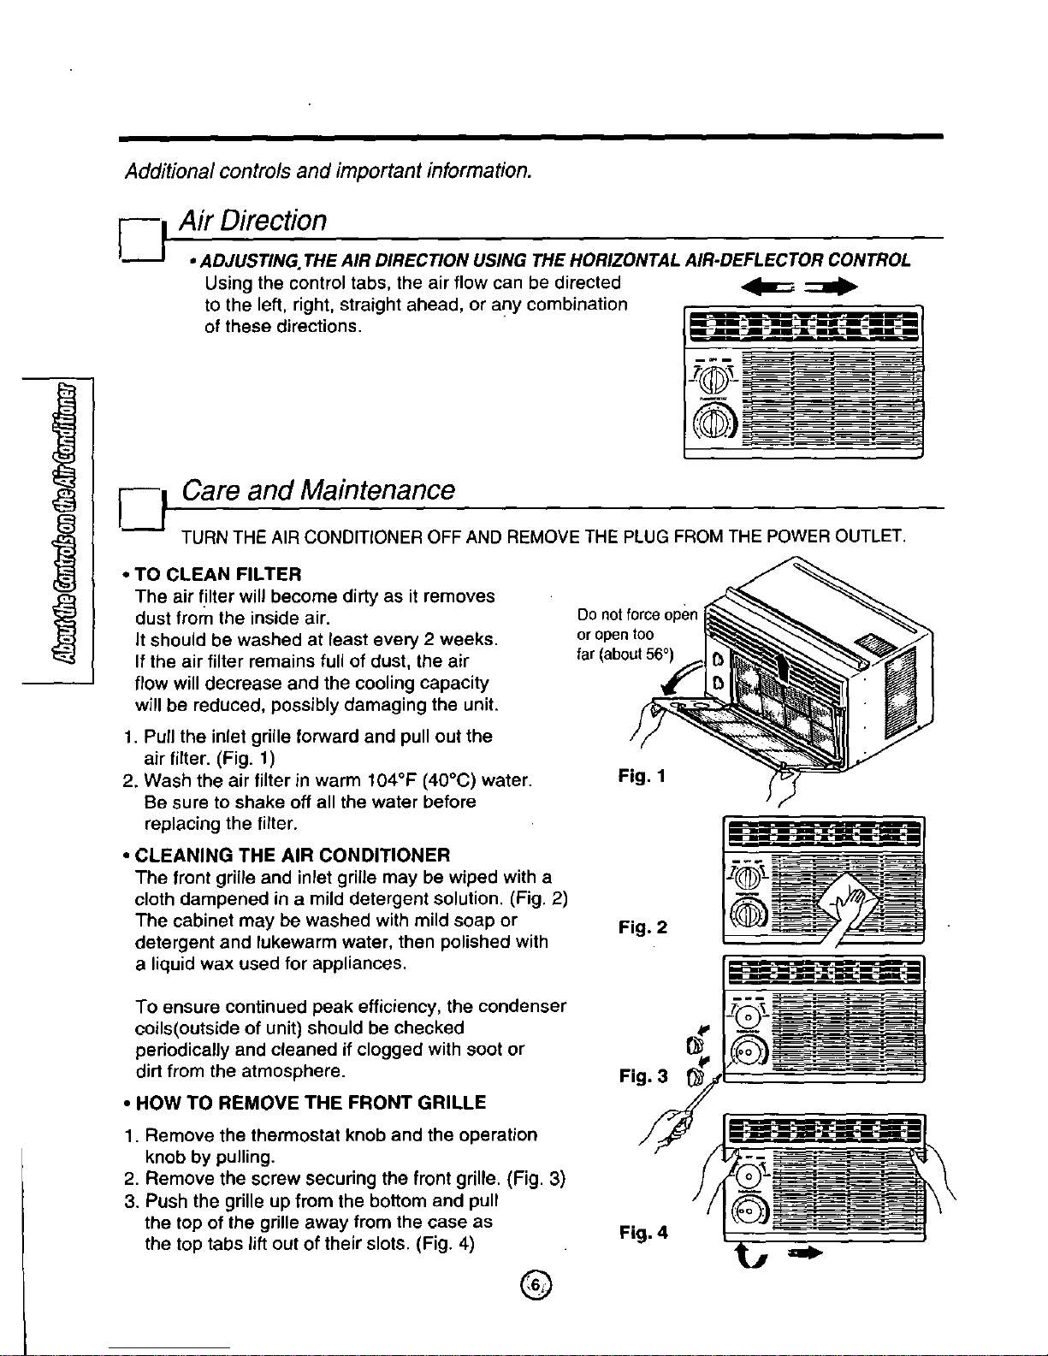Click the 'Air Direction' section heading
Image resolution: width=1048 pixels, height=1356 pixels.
[252, 221]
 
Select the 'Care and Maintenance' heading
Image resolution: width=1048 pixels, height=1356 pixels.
[318, 490]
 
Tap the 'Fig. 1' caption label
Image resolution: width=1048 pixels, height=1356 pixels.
[642, 776]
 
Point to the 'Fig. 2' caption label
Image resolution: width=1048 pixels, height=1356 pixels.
[642, 927]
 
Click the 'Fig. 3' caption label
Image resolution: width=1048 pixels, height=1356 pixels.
[643, 1075]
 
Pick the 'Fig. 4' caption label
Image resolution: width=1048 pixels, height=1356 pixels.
[643, 1233]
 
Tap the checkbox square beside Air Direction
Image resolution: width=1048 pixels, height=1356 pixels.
[141, 240]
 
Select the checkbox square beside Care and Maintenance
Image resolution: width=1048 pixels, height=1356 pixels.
[141, 510]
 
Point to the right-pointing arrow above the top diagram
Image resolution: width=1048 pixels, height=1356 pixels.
[831, 287]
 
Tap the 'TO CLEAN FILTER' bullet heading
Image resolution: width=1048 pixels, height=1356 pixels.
[218, 574]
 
